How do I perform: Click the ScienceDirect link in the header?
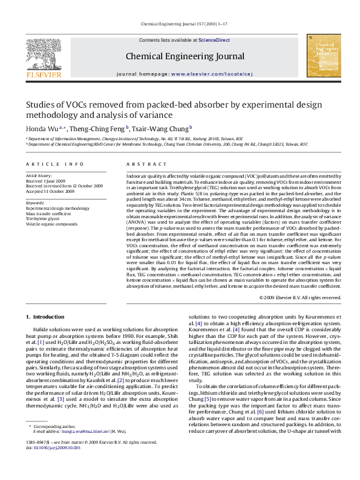214,40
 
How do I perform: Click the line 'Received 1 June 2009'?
47,180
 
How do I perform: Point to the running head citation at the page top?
180,24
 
